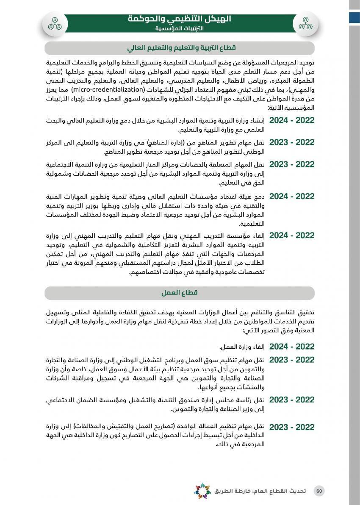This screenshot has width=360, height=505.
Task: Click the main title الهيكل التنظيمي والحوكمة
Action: (179, 19)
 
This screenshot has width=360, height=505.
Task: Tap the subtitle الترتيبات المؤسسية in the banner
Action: (179, 29)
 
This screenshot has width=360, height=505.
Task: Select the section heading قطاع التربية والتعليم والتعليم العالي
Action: (180, 47)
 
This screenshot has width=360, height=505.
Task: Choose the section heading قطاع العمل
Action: (180, 293)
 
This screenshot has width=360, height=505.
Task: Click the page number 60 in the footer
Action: (320, 491)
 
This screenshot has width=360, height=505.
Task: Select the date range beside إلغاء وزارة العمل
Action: (292, 347)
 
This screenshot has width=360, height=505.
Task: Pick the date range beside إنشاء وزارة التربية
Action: (292, 120)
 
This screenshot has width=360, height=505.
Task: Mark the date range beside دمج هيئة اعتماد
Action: (292, 197)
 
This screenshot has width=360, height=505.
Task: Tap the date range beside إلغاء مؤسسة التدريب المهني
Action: (292, 236)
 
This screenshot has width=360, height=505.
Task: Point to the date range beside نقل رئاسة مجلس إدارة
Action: (292, 400)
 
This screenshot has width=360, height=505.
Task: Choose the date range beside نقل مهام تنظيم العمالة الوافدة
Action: (292, 427)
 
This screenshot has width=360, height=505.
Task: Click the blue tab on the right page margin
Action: (354, 17)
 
